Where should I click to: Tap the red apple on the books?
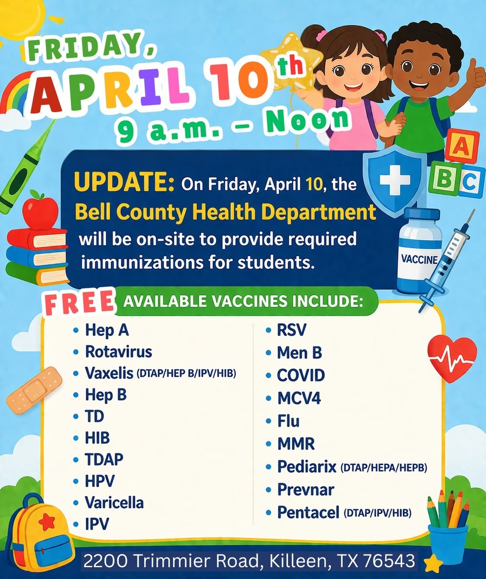pyautogui.click(x=40, y=211)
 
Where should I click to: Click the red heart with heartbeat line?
pyautogui.click(x=451, y=357)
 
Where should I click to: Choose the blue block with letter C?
pyautogui.click(x=470, y=182)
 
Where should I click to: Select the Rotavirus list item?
pyautogui.click(x=118, y=352)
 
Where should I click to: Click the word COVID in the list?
pyautogui.click(x=300, y=375)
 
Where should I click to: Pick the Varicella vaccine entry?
pyautogui.click(x=114, y=502)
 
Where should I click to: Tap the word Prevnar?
pyautogui.click(x=306, y=489)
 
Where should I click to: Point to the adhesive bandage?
pyautogui.click(x=34, y=390)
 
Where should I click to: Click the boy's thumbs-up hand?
pyautogui.click(x=474, y=74)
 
